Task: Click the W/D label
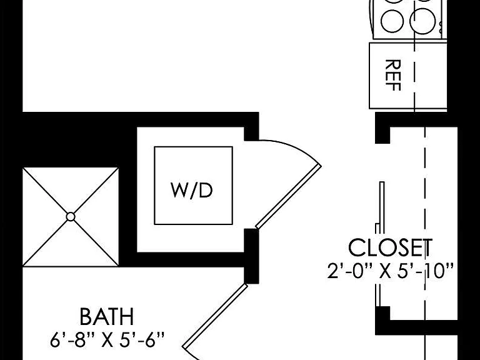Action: tap(192, 190)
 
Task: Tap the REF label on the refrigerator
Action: tap(392, 75)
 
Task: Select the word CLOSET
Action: tap(390, 247)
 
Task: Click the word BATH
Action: tap(107, 316)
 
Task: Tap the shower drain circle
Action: tap(71, 217)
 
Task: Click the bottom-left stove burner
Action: tap(392, 21)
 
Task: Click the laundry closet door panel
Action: tap(288, 197)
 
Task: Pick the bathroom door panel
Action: tap(215, 316)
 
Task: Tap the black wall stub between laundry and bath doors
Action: tap(251, 256)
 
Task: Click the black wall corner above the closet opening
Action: tap(382, 127)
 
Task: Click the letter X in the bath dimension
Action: tap(107, 341)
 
